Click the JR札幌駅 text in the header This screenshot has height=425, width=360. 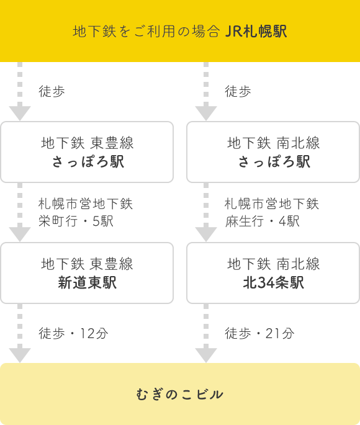click(256, 31)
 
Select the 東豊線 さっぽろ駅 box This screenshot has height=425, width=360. click(87, 152)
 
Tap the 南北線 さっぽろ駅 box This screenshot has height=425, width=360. click(273, 152)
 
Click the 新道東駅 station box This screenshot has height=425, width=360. click(87, 273)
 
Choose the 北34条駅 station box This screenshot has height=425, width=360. click(273, 273)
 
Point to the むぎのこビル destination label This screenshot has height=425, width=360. click(179, 394)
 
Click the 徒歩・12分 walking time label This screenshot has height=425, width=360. click(73, 333)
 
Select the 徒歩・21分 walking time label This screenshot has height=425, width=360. click(259, 333)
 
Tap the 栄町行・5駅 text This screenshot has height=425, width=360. click(76, 221)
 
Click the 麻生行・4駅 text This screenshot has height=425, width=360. click(262, 221)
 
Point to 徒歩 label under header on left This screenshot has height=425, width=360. click(52, 91)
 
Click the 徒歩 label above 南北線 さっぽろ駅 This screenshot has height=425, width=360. click(238, 91)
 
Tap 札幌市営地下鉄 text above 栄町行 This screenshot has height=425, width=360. click(86, 204)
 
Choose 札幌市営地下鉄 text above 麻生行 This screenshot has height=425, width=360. click(272, 204)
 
